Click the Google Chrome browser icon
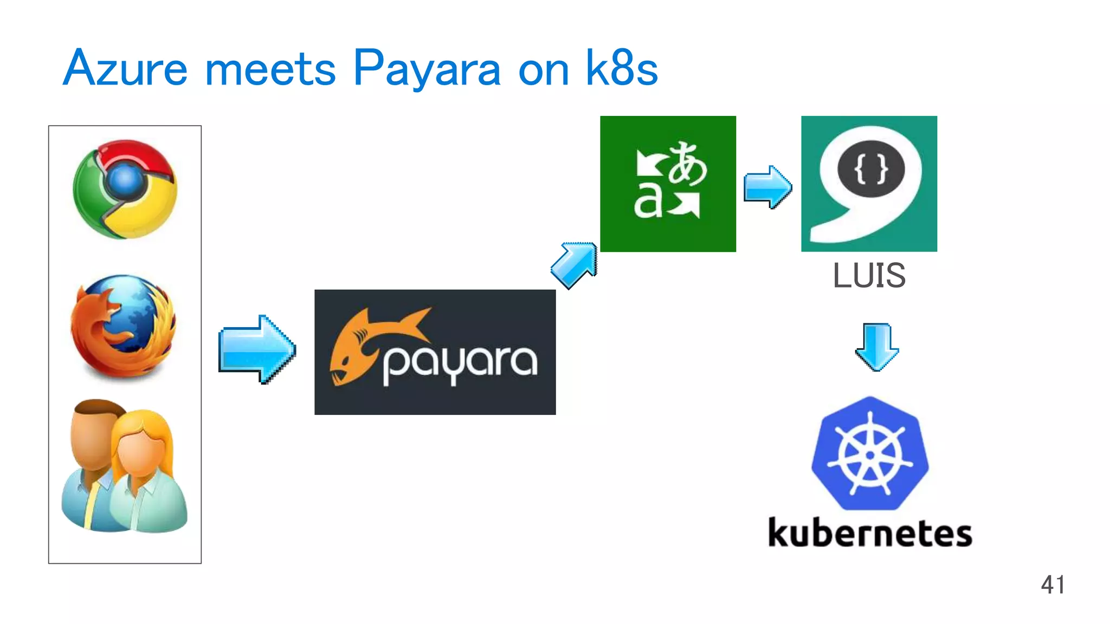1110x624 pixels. point(125,188)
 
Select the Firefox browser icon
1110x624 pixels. point(124,326)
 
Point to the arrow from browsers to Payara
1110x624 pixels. point(257,349)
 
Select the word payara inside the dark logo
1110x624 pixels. point(460,363)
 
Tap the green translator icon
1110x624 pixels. point(668,184)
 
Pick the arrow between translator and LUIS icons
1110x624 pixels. point(767,187)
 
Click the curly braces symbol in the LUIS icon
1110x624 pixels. point(870,169)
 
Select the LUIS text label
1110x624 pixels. point(869,275)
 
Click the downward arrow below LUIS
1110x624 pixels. point(877,347)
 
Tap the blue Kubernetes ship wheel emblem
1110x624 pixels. point(870,454)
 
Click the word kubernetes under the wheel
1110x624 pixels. point(870,533)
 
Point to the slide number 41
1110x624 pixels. point(1053,585)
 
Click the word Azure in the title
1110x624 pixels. point(125,69)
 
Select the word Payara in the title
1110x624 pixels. point(427,69)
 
